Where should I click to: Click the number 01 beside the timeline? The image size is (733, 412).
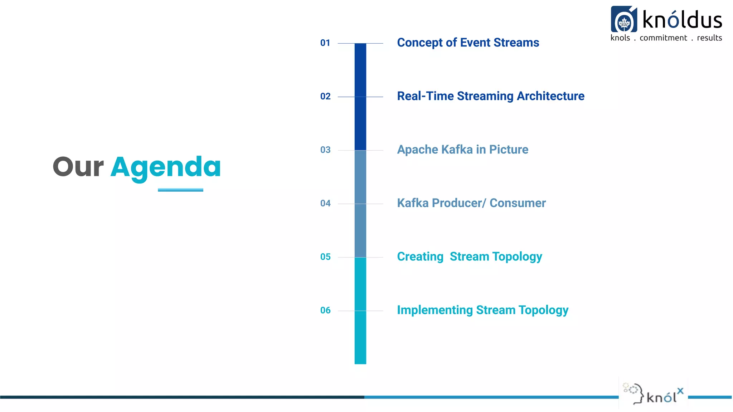pos(325,43)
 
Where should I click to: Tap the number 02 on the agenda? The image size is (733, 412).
pos(325,97)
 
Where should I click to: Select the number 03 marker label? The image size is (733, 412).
pos(325,150)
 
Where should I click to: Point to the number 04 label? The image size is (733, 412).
pos(325,203)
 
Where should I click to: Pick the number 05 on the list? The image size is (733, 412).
pos(325,257)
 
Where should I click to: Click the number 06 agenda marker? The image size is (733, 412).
pos(325,310)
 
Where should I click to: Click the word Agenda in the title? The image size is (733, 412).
pos(166,167)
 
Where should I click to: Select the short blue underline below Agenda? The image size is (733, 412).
pos(180,190)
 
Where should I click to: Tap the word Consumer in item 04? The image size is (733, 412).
pos(518,203)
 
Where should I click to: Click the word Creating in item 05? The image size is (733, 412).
pos(420,257)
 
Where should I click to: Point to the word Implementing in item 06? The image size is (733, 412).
pos(435,310)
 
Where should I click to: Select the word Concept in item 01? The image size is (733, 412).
pos(420,43)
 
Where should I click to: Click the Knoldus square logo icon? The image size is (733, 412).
pos(624,19)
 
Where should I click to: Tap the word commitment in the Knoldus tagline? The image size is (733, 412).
pos(663,38)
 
